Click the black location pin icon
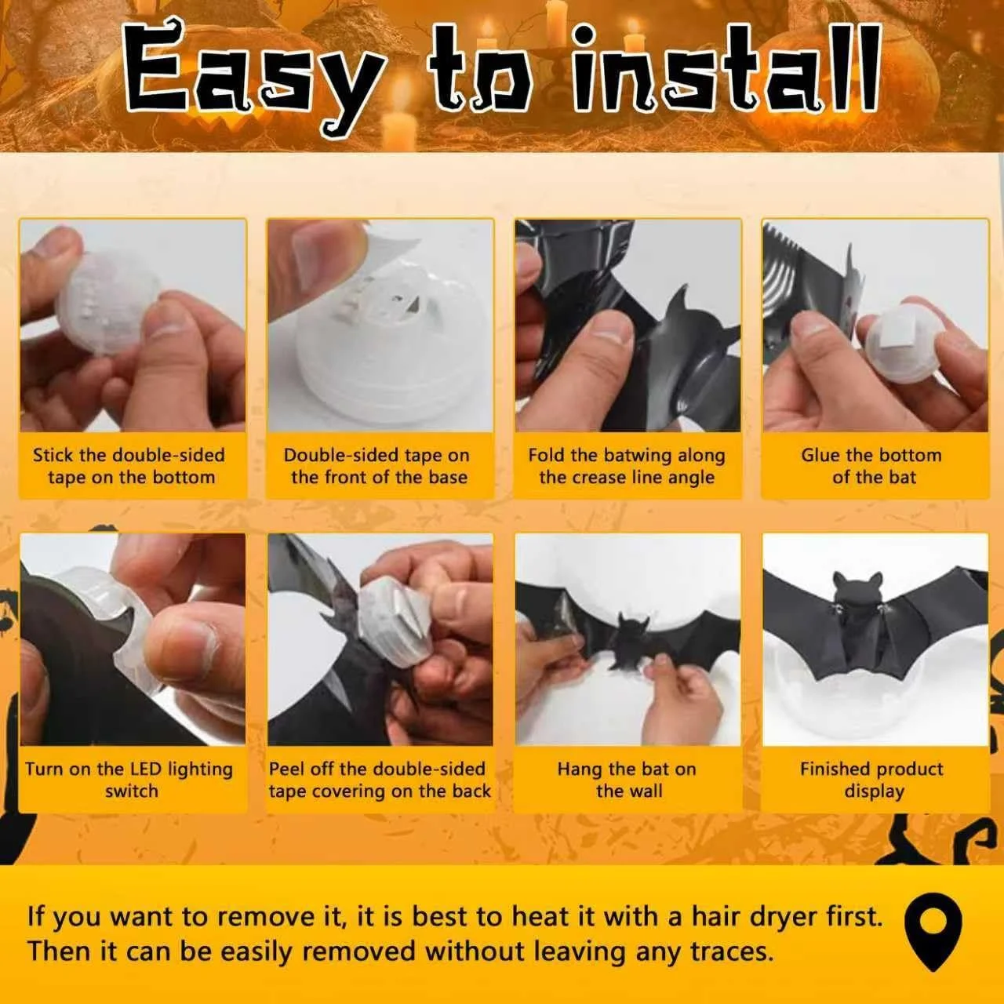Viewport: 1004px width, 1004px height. (x=933, y=934)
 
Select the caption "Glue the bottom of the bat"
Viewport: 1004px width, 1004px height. (x=871, y=466)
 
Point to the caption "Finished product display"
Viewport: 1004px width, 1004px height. (x=871, y=780)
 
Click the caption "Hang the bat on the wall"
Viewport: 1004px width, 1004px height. (x=627, y=780)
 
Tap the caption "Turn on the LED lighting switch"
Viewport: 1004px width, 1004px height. (x=129, y=780)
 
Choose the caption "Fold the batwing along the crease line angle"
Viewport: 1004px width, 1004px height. (x=627, y=466)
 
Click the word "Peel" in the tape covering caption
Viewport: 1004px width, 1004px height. (x=286, y=769)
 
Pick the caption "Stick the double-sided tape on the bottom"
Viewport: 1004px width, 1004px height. (x=129, y=466)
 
